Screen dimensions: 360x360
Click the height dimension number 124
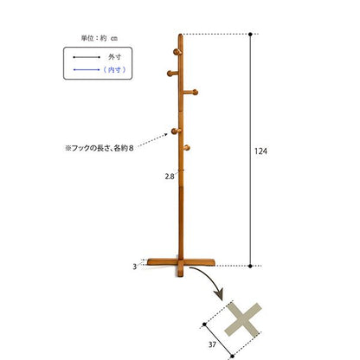click(x=260, y=151)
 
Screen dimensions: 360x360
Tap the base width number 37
click(x=212, y=344)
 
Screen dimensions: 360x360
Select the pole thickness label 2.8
click(x=170, y=177)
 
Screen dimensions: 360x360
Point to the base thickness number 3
click(x=134, y=267)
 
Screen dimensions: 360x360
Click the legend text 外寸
click(x=114, y=57)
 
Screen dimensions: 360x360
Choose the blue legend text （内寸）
click(x=114, y=69)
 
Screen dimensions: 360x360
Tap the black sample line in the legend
click(x=87, y=57)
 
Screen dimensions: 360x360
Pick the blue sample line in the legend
click(x=87, y=69)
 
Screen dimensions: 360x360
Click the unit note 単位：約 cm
click(x=100, y=38)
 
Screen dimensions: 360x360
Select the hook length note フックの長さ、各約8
click(x=100, y=149)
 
